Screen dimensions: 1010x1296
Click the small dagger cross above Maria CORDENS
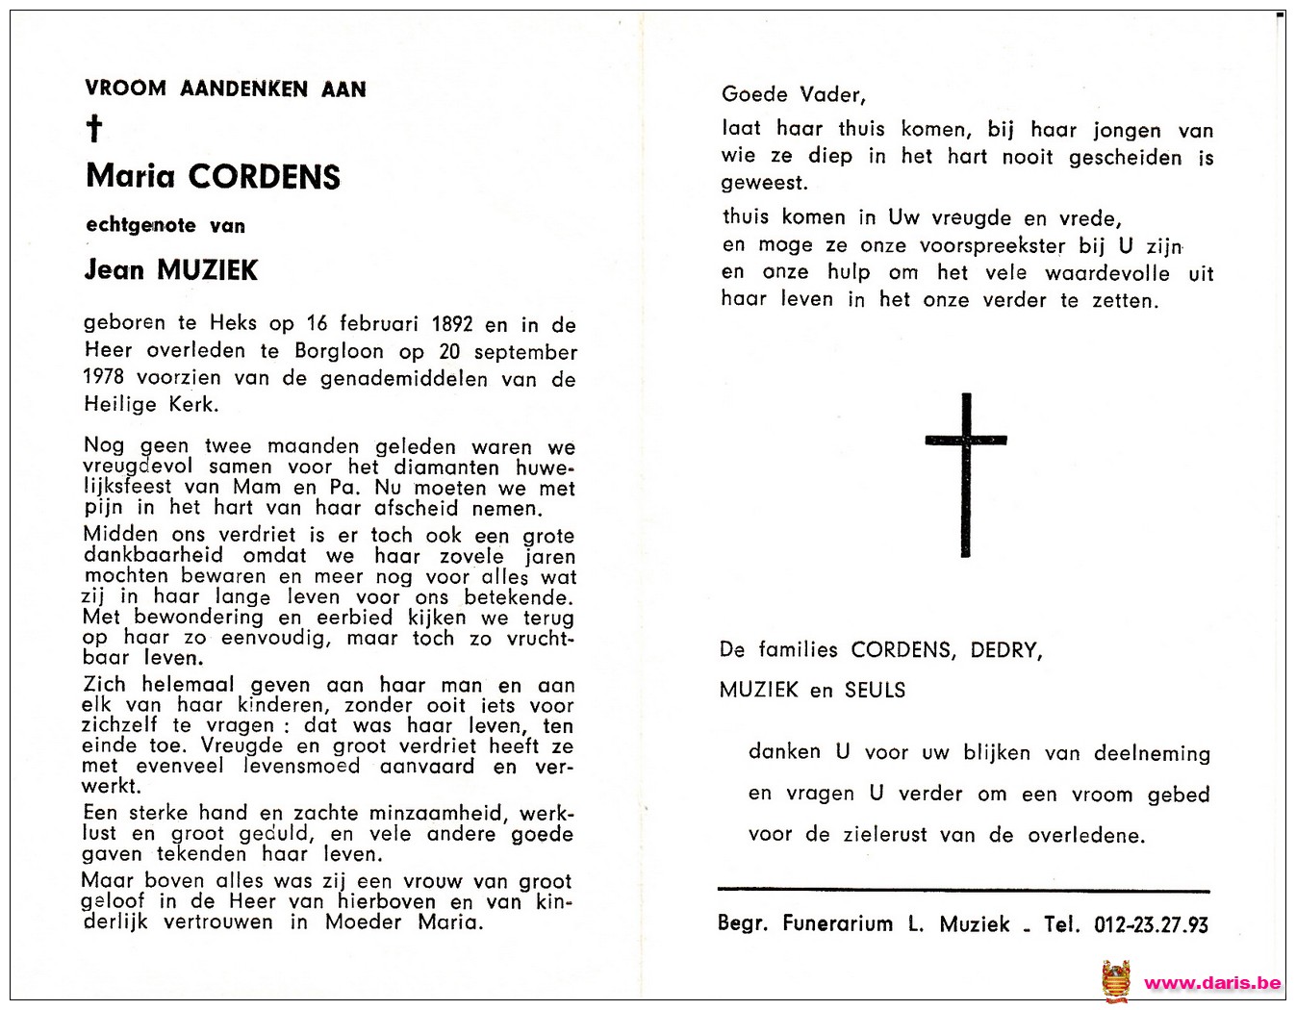tap(94, 129)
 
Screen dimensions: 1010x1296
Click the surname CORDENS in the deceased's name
tap(265, 177)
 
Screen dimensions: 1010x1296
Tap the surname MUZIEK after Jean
tap(208, 270)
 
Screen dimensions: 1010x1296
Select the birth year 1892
tap(452, 324)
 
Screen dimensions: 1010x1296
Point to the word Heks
tap(234, 324)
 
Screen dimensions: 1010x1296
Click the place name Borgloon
tap(339, 351)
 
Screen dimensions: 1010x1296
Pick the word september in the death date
tap(525, 352)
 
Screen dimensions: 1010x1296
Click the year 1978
tap(104, 378)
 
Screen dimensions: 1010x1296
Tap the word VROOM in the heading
tap(125, 89)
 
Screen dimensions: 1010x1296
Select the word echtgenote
tap(141, 226)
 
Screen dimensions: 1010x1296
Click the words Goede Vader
tap(794, 94)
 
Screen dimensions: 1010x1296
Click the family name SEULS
tap(875, 690)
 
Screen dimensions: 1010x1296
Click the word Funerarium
tap(837, 924)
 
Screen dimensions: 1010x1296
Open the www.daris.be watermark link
tap(1211, 982)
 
